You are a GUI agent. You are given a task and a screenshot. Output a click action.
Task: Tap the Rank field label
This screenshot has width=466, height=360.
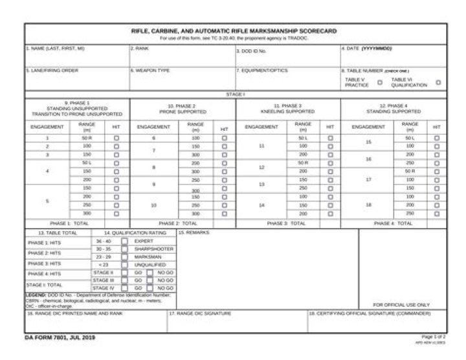pos(137,49)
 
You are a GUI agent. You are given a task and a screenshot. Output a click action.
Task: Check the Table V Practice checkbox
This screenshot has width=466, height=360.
pos(380,82)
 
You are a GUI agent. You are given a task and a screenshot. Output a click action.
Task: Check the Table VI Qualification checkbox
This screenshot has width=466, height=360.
pos(438,82)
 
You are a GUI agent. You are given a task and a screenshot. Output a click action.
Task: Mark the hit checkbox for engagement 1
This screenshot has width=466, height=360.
pos(116,138)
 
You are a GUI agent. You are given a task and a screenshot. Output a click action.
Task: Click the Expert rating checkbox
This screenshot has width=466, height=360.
pos(124,241)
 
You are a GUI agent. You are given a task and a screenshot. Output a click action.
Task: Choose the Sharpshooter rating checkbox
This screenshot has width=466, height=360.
pos(124,249)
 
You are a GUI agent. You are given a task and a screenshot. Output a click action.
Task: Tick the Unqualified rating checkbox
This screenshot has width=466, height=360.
pos(124,265)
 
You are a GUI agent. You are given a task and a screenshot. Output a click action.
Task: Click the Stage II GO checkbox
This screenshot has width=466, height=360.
pos(124,273)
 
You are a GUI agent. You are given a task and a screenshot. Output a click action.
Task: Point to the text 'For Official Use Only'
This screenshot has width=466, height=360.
pos(401,304)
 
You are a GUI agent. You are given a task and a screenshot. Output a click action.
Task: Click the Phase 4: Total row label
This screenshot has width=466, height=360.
pos(394,223)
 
